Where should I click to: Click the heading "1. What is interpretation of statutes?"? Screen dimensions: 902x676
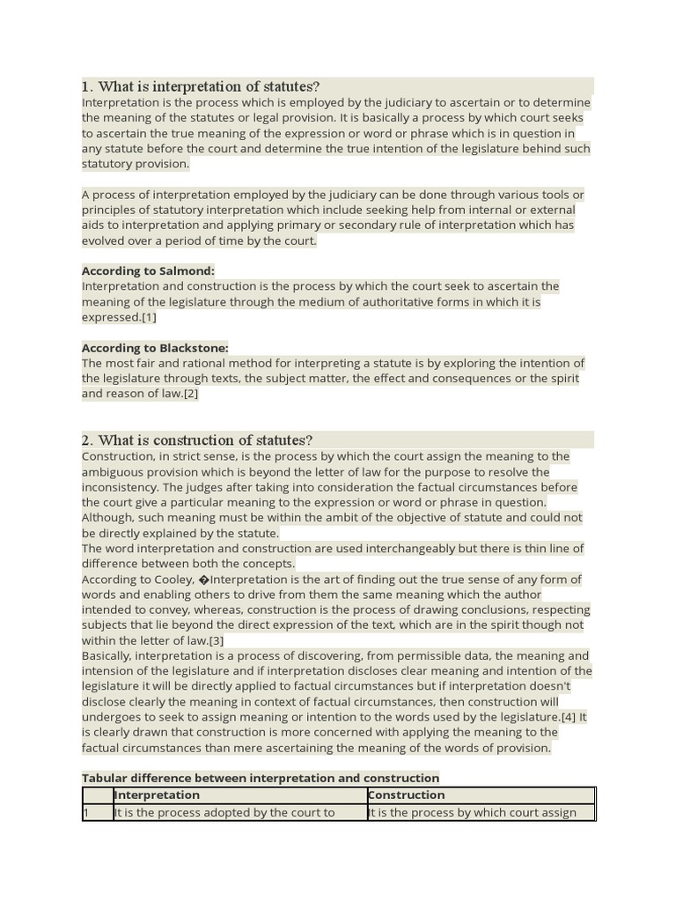pyautogui.click(x=201, y=86)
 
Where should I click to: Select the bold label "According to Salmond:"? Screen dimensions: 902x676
pyautogui.click(x=148, y=270)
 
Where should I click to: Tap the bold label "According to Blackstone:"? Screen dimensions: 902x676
pyautogui.click(x=155, y=348)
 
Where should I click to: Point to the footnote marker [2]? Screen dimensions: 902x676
pyautogui.click(x=191, y=394)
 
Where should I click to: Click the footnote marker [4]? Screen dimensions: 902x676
pyautogui.click(x=569, y=717)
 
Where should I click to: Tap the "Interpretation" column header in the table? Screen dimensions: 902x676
pyautogui.click(x=158, y=795)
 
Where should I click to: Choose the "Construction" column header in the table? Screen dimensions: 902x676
pyautogui.click(x=407, y=795)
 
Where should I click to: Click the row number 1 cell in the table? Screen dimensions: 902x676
pyautogui.click(x=87, y=812)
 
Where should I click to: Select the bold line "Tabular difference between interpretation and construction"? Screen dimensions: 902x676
pyautogui.click(x=261, y=778)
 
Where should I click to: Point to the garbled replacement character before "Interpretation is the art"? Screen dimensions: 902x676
pyautogui.click(x=204, y=580)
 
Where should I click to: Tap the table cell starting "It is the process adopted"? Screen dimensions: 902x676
pyautogui.click(x=225, y=812)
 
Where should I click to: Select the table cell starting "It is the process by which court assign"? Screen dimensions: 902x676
pyautogui.click(x=474, y=812)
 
